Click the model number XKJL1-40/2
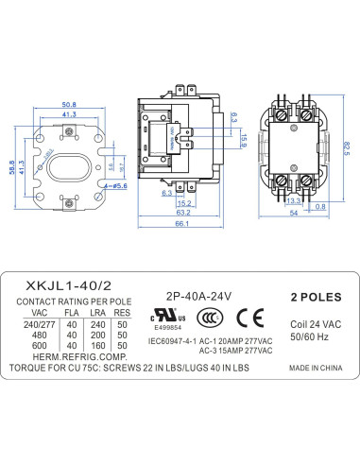(69, 285)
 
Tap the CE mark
(250, 318)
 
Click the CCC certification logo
(210, 318)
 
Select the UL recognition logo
(168, 316)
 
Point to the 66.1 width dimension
(182, 224)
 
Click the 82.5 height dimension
(346, 148)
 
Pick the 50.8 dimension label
(69, 105)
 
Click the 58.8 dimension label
(12, 167)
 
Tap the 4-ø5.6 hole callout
(115, 186)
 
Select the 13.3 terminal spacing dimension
(294, 200)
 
